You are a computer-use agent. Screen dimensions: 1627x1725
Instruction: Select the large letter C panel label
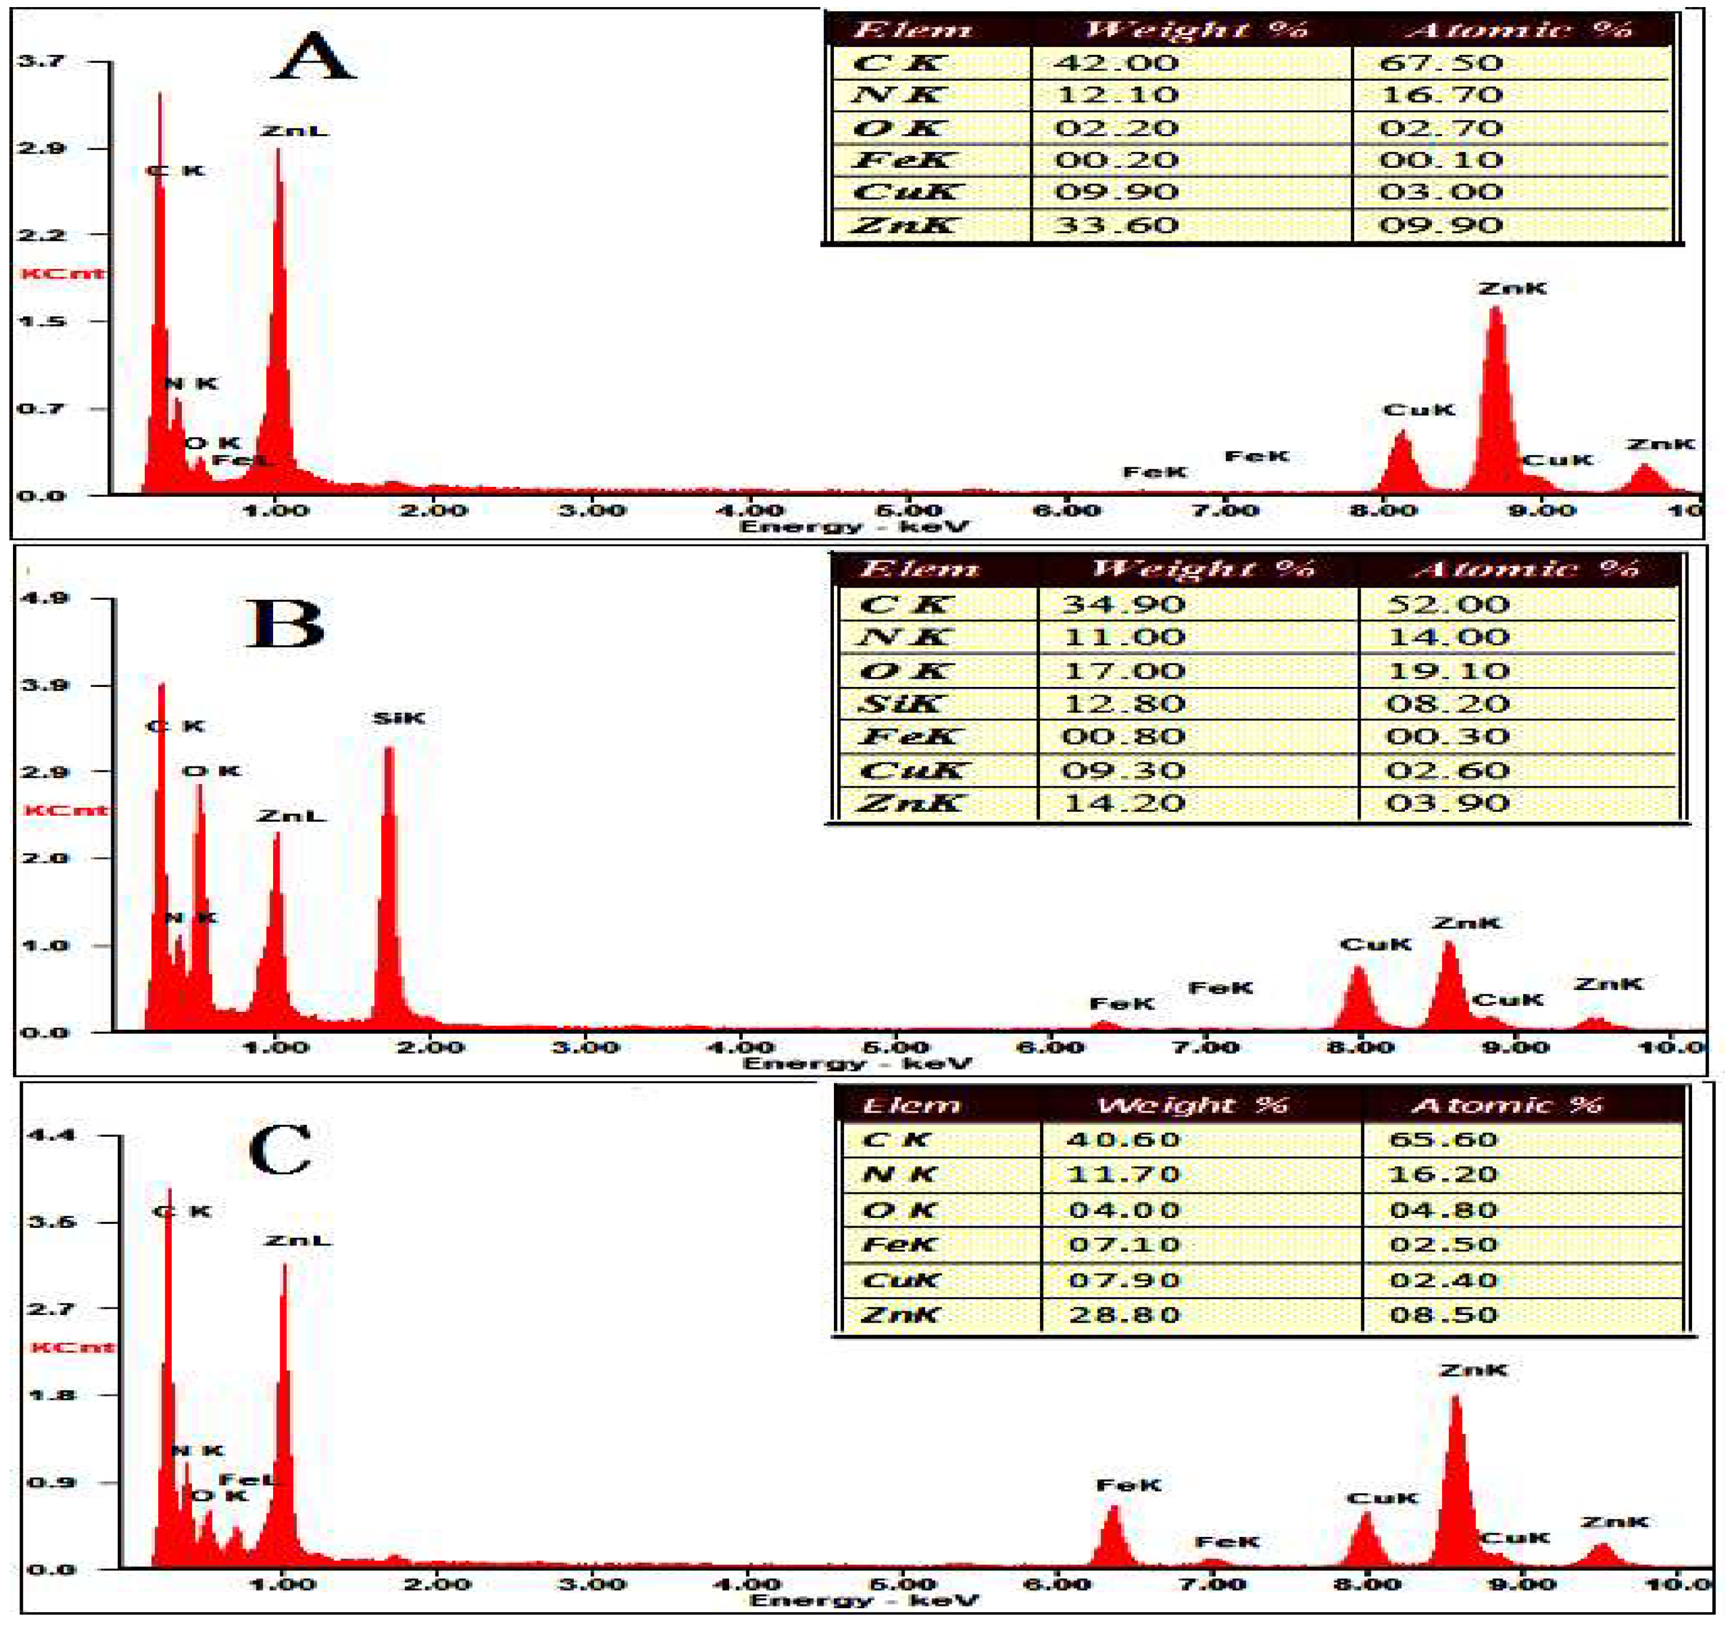280,1149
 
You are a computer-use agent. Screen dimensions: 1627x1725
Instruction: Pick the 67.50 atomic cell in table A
1440,62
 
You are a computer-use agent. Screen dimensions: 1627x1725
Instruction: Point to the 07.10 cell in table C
1123,1244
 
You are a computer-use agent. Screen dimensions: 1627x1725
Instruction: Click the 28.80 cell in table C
1123,1314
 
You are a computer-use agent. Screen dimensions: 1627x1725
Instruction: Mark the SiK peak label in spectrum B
398,718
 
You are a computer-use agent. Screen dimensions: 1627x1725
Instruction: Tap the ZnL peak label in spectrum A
294,131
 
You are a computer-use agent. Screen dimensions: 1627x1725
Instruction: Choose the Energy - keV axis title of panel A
852,526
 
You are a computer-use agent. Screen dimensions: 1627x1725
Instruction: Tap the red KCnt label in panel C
73,1347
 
